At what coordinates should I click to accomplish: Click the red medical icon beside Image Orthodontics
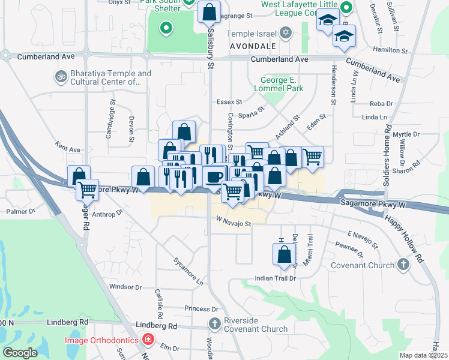point(148,340)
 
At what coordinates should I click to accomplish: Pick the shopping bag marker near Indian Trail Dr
point(285,254)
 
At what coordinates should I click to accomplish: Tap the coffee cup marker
point(214,176)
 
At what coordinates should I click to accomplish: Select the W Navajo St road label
point(232,224)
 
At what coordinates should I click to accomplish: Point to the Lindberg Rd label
point(157,326)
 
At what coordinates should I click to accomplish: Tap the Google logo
point(20,353)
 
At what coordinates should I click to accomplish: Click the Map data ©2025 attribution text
point(423,355)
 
